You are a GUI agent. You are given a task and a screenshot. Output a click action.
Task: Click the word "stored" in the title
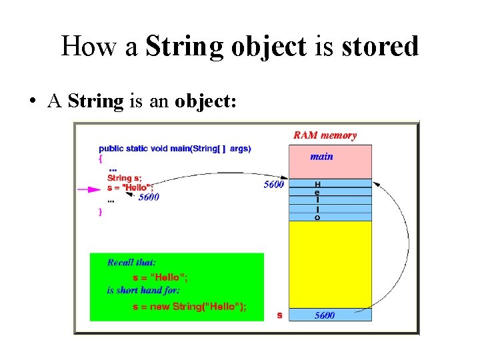tap(381, 47)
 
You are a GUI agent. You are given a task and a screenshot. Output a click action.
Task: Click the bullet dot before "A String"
tap(33, 102)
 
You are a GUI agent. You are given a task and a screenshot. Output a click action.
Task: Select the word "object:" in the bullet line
tap(206, 102)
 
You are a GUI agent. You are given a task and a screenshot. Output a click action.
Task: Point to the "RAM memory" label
tap(325, 135)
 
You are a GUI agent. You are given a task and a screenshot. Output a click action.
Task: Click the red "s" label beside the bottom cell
tap(279, 315)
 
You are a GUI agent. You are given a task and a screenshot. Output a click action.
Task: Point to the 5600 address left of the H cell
tap(273, 184)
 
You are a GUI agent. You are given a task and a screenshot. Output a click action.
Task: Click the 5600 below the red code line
tap(149, 197)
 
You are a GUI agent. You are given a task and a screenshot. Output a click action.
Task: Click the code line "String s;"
tap(125, 178)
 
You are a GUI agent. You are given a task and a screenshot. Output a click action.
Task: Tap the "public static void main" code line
tap(175, 148)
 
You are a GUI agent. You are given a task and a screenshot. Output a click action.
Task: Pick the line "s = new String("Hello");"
tap(189, 306)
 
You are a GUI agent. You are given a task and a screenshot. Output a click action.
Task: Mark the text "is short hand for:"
tap(143, 291)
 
